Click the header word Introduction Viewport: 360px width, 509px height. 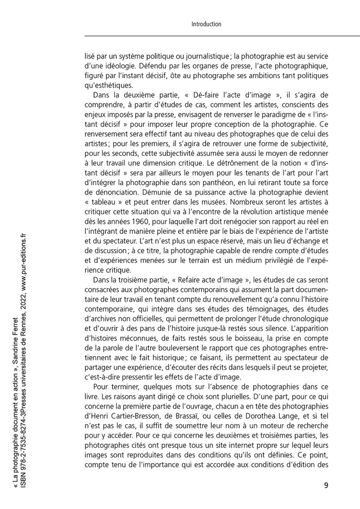click(206, 24)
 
